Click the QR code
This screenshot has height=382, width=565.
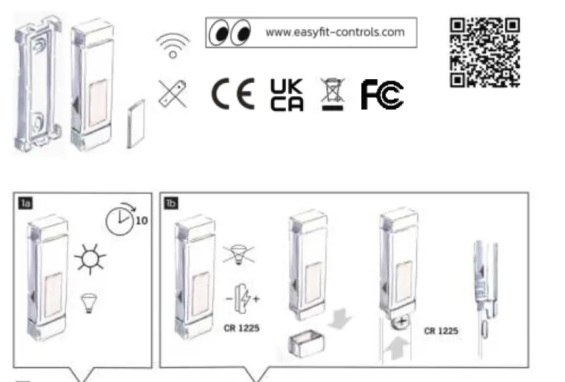(485, 52)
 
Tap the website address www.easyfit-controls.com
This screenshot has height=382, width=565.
(335, 32)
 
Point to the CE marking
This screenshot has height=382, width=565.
(233, 94)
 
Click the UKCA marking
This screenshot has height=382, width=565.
(287, 94)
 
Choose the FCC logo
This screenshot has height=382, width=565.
(382, 95)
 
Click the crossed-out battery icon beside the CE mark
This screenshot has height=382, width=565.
(173, 94)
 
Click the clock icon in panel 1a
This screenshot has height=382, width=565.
(118, 221)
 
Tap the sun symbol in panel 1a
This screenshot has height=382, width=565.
(90, 260)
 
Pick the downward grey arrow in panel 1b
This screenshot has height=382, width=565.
(338, 320)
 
